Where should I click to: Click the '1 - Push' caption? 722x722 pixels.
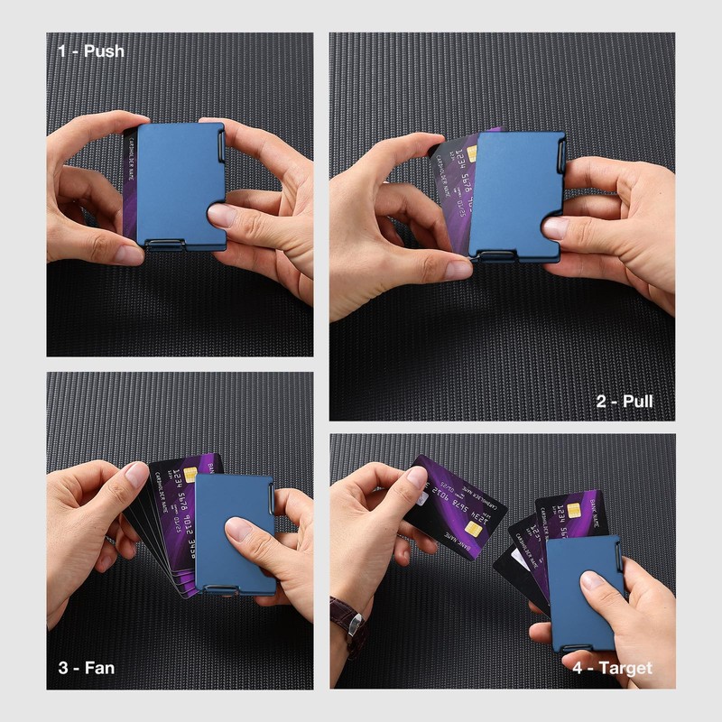click(91, 51)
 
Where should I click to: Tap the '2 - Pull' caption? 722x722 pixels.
click(625, 401)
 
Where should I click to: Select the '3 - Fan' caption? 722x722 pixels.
click(87, 669)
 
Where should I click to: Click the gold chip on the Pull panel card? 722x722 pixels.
click(471, 153)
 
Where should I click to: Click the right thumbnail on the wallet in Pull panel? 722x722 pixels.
click(554, 227)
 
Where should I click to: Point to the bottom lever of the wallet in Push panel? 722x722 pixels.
click(167, 244)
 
